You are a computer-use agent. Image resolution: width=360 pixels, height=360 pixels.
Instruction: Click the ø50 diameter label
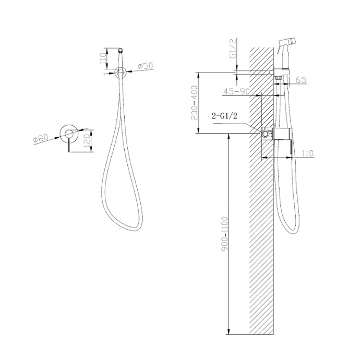pos(146,66)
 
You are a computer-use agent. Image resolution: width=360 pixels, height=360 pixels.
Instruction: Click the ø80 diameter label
pos(41,138)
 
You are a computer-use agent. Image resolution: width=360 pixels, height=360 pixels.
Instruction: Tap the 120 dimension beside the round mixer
pos(87,141)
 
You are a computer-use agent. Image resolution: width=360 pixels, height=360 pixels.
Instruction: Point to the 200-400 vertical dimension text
pos(195,103)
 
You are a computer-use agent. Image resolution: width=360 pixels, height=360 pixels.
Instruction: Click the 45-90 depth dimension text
pos(236,91)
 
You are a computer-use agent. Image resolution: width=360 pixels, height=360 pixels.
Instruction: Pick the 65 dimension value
pos(301,80)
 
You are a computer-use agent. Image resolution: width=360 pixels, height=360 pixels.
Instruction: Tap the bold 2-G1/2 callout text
pos(224,116)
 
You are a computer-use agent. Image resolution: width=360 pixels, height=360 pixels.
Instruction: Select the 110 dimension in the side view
pos(307,153)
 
